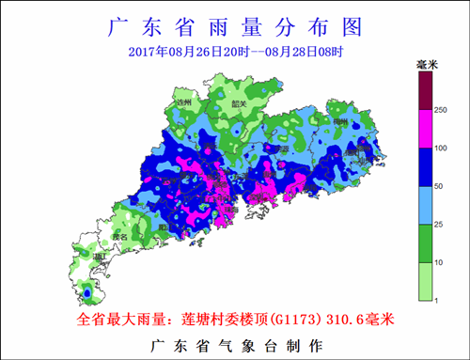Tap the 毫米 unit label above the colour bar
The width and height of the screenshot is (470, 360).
point(429,64)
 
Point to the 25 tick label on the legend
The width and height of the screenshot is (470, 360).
point(438,224)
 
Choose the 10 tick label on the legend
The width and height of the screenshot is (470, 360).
point(438,261)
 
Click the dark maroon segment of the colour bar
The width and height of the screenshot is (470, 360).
point(424,92)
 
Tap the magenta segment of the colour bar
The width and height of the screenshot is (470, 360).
point(424,130)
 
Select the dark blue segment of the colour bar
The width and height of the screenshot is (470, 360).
point(424,167)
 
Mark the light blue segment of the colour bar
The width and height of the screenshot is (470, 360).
point(424,205)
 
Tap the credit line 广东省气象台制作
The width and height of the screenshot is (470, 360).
point(235,345)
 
